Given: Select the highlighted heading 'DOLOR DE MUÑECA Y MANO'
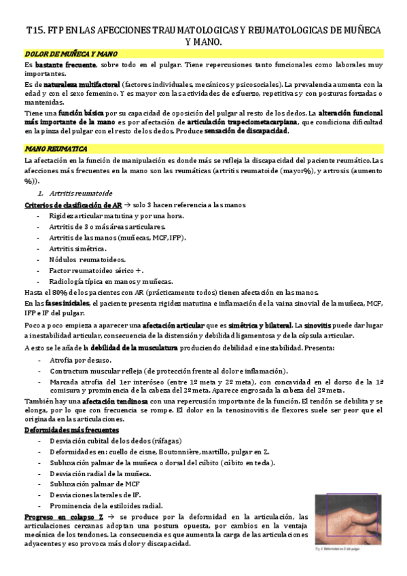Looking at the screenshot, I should coord(62,53).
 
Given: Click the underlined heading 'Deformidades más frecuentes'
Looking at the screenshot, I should coord(71,430).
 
